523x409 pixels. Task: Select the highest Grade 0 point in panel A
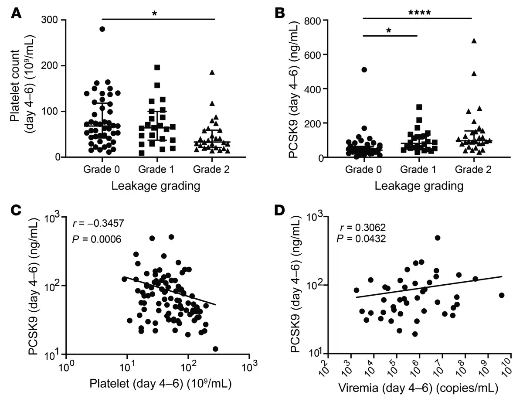102,29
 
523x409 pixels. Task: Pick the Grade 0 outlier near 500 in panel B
364,70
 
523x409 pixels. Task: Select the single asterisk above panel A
154,13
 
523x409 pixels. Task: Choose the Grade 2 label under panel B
472,170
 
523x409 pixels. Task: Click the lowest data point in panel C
215,349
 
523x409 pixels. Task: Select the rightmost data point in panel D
501,295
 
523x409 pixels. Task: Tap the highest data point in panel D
438,238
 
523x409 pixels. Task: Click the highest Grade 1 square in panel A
157,68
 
